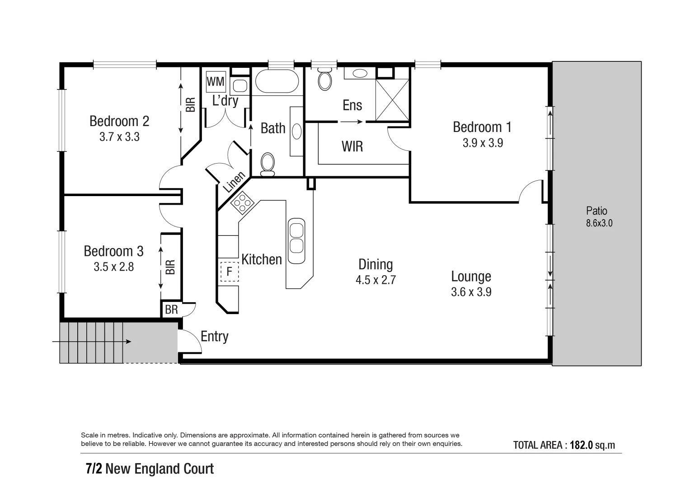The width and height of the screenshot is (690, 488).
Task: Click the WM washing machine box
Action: pos(216,82)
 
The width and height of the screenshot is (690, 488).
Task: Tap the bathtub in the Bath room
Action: pos(277,81)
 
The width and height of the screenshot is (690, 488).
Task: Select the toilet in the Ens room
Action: pos(325,80)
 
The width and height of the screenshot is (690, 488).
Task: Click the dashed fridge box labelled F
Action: pos(229,272)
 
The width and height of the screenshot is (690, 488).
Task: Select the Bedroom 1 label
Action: pos(482,127)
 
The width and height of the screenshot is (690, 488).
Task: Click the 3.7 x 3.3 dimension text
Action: pos(119,137)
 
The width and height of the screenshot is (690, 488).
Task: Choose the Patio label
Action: pos(596,211)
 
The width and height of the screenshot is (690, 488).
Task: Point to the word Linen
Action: pos(234,182)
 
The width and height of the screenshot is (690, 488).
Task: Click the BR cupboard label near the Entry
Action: pos(171,310)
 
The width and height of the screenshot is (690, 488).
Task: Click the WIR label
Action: pos(352,146)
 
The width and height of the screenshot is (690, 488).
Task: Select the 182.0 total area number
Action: pos(581,445)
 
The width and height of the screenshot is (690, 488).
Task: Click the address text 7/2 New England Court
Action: pos(150,469)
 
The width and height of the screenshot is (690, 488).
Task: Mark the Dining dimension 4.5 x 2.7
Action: pos(376,280)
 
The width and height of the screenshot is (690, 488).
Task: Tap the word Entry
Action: pos(215,337)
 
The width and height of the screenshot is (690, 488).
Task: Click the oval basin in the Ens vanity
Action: pos(360,73)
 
